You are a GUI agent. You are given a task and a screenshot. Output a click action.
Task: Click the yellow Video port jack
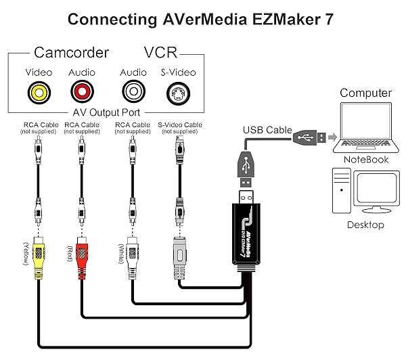(x=38, y=92)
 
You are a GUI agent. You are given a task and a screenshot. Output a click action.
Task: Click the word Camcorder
(x=70, y=53)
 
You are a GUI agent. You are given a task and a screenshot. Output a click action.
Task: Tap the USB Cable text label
(x=267, y=129)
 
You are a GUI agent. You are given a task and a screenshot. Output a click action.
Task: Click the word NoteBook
(x=366, y=160)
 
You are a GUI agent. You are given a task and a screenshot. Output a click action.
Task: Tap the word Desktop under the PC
(x=365, y=225)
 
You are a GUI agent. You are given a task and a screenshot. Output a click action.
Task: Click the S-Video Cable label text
(x=179, y=125)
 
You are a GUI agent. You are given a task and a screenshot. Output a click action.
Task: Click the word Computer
(x=365, y=93)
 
